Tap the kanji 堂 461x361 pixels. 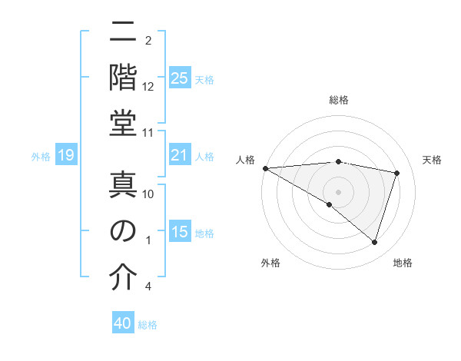tap(123, 123)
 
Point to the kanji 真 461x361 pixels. tap(123, 184)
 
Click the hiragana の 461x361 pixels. tap(123, 230)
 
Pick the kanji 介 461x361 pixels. tap(123, 277)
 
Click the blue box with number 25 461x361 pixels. tap(180, 78)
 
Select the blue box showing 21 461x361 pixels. tap(180, 156)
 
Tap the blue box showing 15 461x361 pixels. tap(180, 233)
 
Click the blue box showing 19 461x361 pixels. tap(65, 156)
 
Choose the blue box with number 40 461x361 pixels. tap(123, 323)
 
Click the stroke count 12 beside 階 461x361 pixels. tap(148, 87)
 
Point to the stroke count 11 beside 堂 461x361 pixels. tap(148, 134)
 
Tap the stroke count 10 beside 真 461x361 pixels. tap(148, 194)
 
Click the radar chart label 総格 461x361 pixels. tap(339, 101)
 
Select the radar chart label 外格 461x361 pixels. tap(270, 263)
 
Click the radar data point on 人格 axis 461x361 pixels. tap(265, 168)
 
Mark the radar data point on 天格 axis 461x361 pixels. tap(397, 173)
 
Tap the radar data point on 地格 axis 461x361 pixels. tap(375, 243)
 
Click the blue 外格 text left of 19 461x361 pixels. tap(41, 157)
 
